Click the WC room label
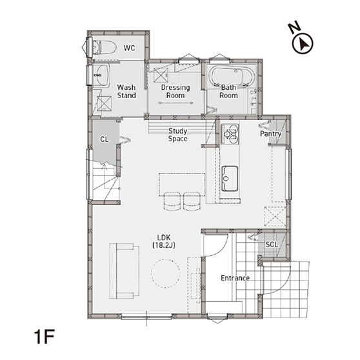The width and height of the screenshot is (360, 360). coord(129,48)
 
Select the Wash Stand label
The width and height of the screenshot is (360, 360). coord(126,91)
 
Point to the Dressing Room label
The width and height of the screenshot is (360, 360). coord(175,91)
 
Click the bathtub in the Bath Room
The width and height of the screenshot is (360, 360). coord(232,76)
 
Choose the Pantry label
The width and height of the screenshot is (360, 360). coord(270,134)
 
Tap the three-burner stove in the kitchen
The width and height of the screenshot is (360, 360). coord(230,134)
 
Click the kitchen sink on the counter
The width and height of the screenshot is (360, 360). coord(230,179)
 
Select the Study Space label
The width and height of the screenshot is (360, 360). coord(177,135)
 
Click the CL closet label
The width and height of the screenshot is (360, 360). coord(105,139)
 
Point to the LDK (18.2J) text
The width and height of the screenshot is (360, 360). coord(164,241)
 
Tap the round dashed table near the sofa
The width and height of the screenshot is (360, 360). coord(165,273)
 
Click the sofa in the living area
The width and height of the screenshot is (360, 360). coord(125,271)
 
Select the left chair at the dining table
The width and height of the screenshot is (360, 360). coord(172,201)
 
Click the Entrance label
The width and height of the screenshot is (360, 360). coord(235,278)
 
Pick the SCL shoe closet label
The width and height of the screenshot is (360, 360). coord(272,245)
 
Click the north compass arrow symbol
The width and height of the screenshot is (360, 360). coord(303,44)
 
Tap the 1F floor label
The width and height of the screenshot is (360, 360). coord(45,337)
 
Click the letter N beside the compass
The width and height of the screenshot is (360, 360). coord(294,27)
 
